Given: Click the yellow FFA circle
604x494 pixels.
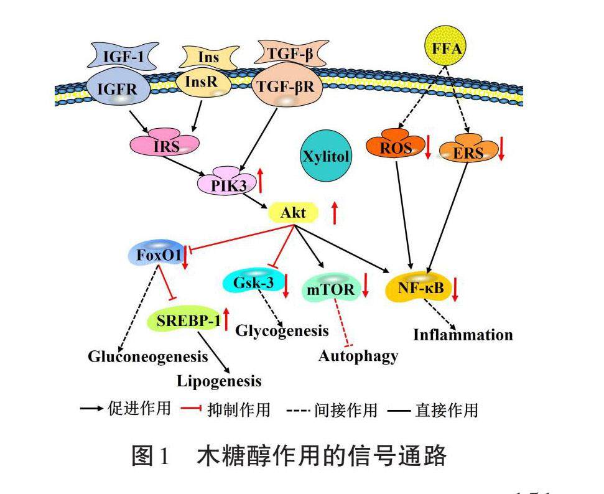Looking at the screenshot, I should [x=447, y=48].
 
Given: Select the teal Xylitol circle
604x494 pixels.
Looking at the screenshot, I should [x=325, y=156].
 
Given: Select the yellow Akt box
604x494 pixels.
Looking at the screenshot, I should [x=293, y=213].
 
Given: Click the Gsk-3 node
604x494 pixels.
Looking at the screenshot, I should [x=250, y=282].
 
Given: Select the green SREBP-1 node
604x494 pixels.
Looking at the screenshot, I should [x=185, y=321].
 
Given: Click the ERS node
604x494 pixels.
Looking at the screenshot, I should [x=468, y=152].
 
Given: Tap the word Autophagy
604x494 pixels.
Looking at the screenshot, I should [x=358, y=356].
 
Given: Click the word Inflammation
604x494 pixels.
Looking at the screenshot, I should [x=463, y=335].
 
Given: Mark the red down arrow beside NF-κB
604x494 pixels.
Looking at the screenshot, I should [x=455, y=289].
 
